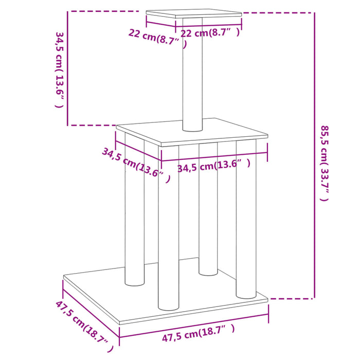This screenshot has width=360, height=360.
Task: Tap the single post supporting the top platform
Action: (193, 77)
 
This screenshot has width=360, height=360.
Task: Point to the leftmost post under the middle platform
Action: (134, 216)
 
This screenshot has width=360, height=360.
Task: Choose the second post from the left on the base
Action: (168, 231)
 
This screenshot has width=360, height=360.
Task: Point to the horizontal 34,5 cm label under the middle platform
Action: (213, 166)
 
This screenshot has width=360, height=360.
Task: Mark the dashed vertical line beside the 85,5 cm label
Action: (314, 154)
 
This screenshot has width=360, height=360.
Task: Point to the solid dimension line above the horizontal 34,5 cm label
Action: (214, 153)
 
